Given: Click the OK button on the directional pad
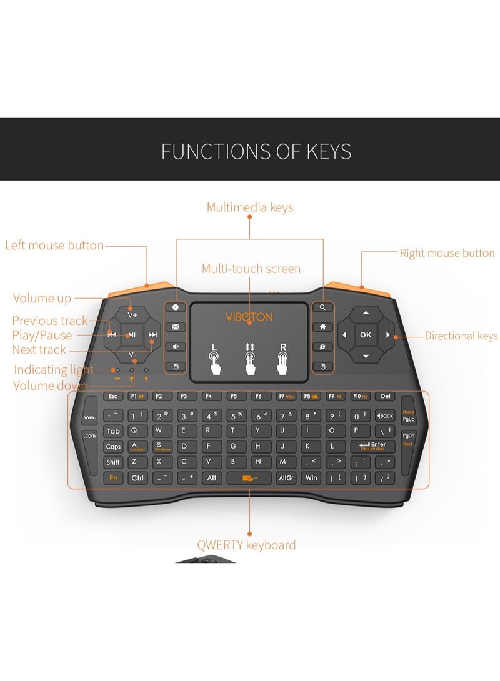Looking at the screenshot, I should pos(366,335).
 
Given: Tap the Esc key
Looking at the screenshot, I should pos(113,396).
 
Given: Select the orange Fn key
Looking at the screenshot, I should pos(113,478).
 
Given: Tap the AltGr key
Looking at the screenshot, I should pos(286,478).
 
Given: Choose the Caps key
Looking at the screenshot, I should pos(113,446).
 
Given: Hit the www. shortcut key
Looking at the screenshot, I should pos(90,417).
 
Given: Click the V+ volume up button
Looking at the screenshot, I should pos(132,315).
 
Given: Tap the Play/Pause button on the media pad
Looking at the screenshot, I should pos(132,335).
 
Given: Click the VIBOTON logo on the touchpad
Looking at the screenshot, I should pos(249,317).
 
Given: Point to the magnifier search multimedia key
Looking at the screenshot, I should pos(322,307).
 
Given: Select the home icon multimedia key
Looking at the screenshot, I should pos(322,326).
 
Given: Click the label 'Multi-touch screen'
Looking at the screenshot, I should pos(251,269).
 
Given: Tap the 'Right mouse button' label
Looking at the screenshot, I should pos(447,253).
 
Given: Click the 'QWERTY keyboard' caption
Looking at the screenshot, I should pos(246,545).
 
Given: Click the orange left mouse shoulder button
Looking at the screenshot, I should pos(141,291).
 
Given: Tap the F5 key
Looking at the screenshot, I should pos(233,396).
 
